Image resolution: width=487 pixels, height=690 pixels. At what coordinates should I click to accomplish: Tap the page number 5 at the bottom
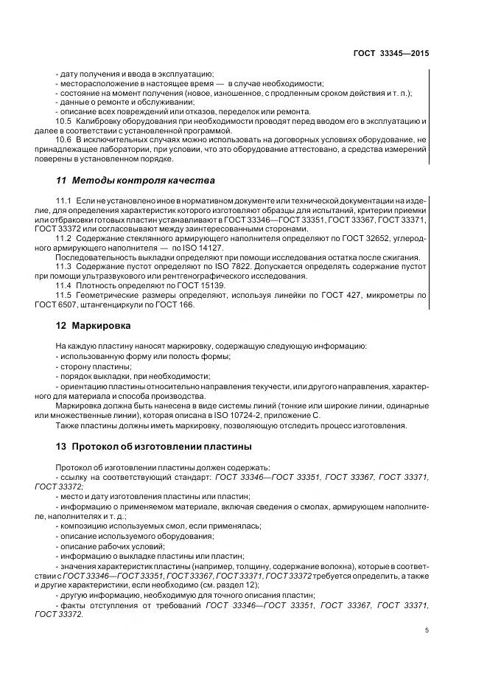[427, 630]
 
